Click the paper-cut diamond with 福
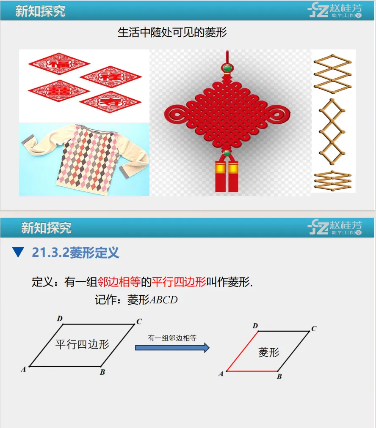pos(59,64)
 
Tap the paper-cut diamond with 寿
pos(110,102)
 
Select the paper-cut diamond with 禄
pos(111,77)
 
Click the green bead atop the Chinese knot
pos(227,67)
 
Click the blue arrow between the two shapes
pos(172,348)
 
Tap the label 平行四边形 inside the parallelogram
pos(82,344)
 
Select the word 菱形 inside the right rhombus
pos(269,352)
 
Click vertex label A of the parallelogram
pos(23,370)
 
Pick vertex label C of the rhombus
pos(314,329)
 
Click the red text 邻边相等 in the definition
pos(119,282)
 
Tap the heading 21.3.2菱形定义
pos(75,253)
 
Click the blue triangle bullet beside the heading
pos(18,252)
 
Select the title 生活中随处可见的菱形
pos(172,33)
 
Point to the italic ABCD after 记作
pos(163,300)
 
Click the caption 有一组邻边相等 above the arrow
pos(172,338)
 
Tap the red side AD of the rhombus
pos(242,351)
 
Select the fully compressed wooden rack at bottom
pos(333,181)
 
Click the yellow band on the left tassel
pos(220,167)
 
